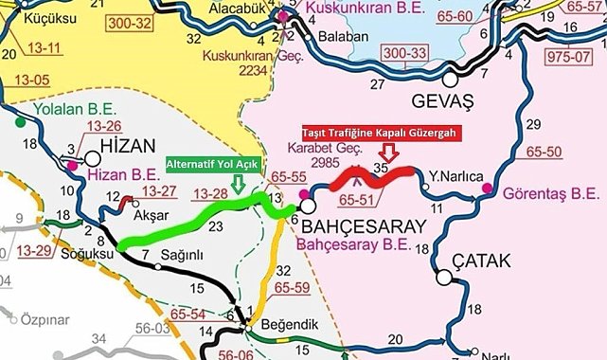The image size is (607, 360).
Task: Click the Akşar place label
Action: point(124,215)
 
